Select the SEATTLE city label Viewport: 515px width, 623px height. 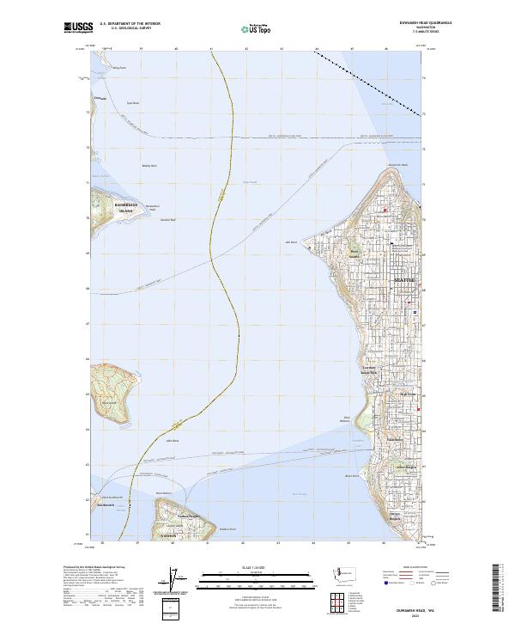[x=403, y=280]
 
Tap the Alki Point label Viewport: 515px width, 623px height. [x=290, y=241]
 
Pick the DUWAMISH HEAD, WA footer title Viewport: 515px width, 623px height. [x=429, y=608]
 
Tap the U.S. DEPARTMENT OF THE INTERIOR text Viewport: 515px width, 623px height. [x=130, y=23]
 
